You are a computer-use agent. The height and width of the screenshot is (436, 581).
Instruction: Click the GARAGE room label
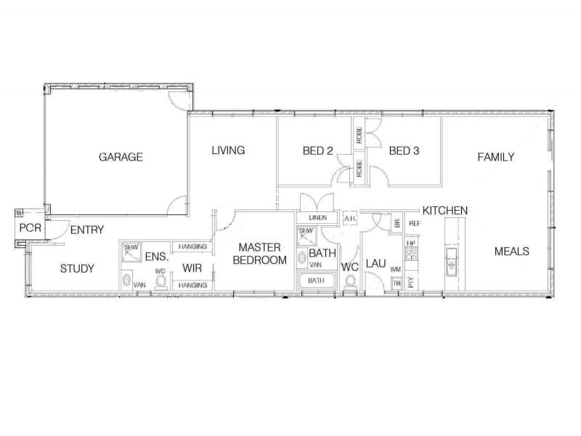(121, 157)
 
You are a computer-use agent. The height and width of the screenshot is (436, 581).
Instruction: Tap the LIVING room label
(228, 150)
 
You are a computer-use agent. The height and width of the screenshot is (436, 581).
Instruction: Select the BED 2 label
(317, 151)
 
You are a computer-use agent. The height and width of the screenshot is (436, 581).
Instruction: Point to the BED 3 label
(405, 151)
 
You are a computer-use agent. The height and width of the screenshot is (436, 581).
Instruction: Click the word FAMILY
(496, 157)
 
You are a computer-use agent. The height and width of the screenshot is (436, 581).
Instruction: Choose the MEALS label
(511, 251)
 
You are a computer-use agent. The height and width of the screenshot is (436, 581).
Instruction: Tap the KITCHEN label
(445, 210)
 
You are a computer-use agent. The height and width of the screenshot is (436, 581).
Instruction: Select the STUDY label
(77, 269)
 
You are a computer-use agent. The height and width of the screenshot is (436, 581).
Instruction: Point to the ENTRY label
(87, 230)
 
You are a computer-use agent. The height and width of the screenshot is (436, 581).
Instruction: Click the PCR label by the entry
(31, 228)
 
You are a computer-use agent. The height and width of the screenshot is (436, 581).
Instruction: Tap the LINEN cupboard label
(317, 218)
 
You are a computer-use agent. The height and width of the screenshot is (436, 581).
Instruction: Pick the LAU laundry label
(375, 263)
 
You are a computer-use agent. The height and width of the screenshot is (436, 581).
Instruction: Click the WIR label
(192, 267)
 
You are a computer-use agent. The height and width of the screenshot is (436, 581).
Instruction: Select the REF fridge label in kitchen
(415, 223)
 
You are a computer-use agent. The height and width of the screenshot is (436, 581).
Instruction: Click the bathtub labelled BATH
(317, 280)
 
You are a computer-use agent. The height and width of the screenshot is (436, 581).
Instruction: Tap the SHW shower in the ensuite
(131, 247)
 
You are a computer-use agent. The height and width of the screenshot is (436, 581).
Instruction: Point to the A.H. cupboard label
(349, 218)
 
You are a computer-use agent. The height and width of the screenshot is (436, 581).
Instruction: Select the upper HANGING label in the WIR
(192, 247)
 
